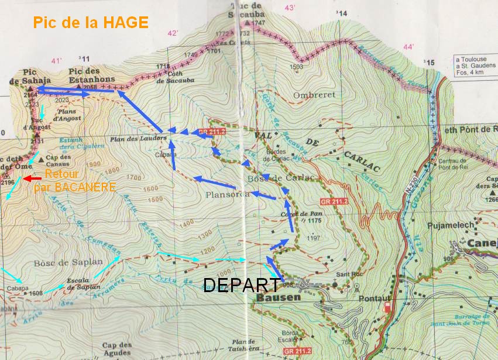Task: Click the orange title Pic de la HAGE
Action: tap(91, 23)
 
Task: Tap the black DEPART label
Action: tap(241, 285)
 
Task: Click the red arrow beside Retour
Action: tap(32, 178)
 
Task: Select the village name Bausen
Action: tap(278, 297)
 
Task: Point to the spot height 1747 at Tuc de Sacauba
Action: tap(259, 22)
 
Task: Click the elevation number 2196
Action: tap(8, 183)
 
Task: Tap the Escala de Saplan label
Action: tap(83, 283)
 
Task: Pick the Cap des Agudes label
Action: tap(116, 349)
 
